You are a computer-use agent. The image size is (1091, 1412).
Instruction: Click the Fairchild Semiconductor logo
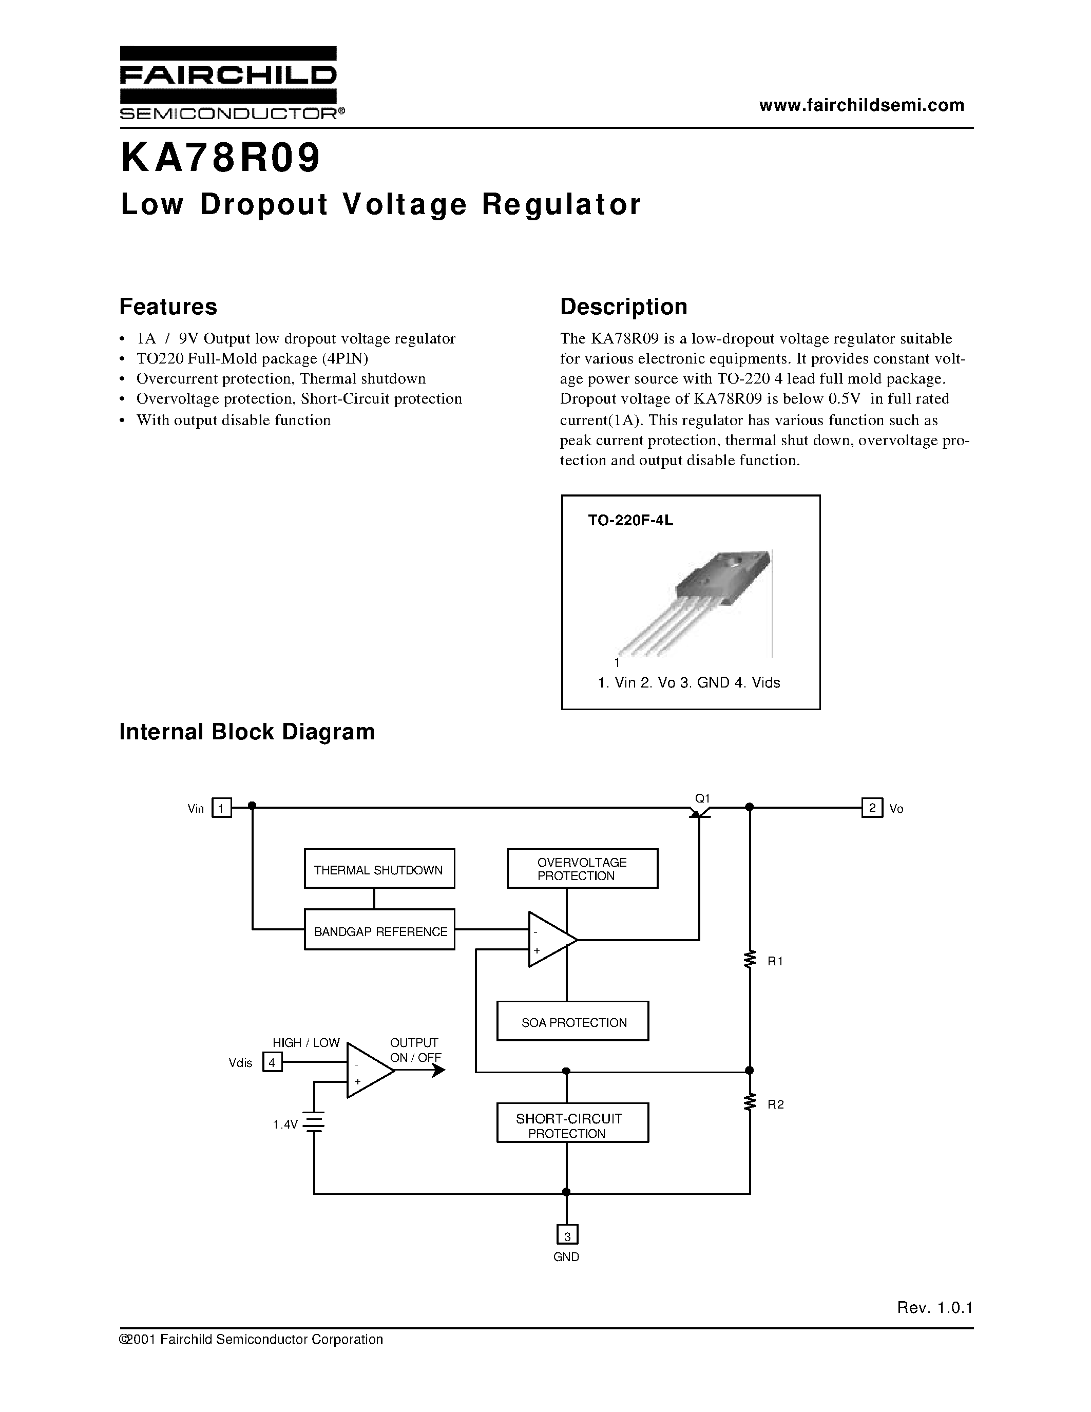(228, 83)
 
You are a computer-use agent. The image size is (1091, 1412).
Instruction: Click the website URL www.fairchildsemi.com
(862, 105)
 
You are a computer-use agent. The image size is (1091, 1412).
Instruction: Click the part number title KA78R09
(220, 159)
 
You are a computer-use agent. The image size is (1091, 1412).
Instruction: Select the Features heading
(168, 307)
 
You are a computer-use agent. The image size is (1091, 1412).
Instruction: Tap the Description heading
(623, 307)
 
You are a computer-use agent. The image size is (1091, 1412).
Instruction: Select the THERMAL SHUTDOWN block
(379, 870)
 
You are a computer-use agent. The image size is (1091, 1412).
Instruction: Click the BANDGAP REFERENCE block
(379, 931)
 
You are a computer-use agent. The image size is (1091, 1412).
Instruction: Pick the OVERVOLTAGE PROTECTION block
(582, 869)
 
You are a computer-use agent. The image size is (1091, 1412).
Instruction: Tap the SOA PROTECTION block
(572, 1023)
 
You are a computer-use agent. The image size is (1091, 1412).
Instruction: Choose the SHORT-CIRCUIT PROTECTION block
(572, 1125)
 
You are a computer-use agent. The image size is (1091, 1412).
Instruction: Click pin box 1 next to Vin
(222, 808)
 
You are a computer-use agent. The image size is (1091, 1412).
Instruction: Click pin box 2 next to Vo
(872, 808)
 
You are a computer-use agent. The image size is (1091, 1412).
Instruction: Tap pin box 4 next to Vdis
(272, 1062)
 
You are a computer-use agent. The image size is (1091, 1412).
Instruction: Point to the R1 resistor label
(775, 961)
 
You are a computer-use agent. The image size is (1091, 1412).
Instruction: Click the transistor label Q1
(702, 798)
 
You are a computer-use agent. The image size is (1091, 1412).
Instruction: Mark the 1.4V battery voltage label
(285, 1125)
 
